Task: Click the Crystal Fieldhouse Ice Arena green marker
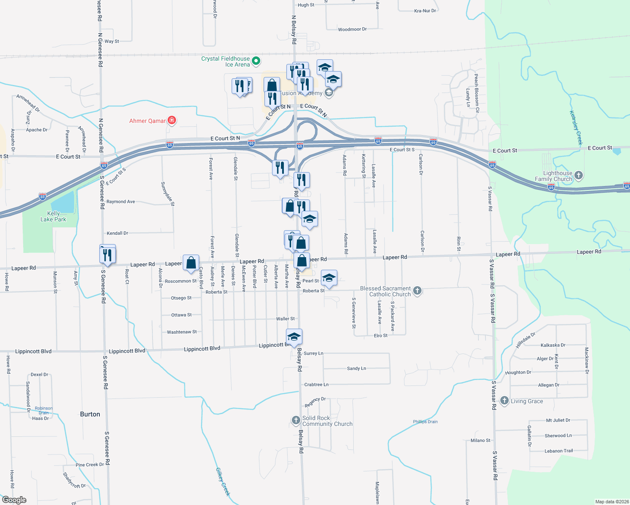pyautogui.click(x=256, y=61)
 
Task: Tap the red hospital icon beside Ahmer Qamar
pyautogui.click(x=171, y=121)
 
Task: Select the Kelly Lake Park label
pyautogui.click(x=53, y=216)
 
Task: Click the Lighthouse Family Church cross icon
pyautogui.click(x=579, y=175)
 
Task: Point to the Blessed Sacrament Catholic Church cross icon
pyautogui.click(x=417, y=291)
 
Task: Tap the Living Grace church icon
pyautogui.click(x=504, y=401)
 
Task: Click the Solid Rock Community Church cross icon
pyautogui.click(x=296, y=420)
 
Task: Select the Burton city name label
pyautogui.click(x=90, y=414)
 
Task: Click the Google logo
pyautogui.click(x=14, y=500)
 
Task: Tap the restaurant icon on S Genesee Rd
pyautogui.click(x=107, y=255)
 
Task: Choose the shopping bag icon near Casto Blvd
pyautogui.click(x=191, y=262)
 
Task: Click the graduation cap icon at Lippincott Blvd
pyautogui.click(x=294, y=337)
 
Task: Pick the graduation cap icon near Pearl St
pyautogui.click(x=329, y=278)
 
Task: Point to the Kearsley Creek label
pyautogui.click(x=576, y=128)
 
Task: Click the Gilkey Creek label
pyautogui.click(x=223, y=481)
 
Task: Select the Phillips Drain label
pyautogui.click(x=425, y=422)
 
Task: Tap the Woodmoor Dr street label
pyautogui.click(x=352, y=29)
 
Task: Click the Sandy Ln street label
pyautogui.click(x=356, y=369)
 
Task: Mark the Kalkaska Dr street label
pyautogui.click(x=553, y=345)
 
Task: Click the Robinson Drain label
pyautogui.click(x=44, y=410)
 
